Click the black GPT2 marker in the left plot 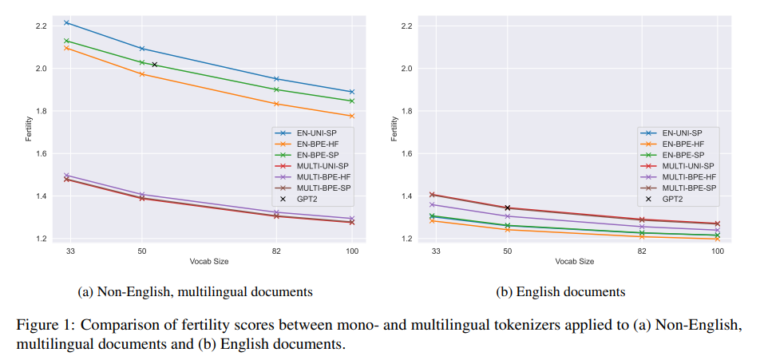(155, 65)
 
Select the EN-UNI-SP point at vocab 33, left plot (67, 22)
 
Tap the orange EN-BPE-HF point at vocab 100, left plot (351, 116)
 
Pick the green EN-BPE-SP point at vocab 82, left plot (276, 89)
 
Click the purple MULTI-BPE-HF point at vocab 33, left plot (67, 175)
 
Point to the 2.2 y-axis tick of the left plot (41, 26)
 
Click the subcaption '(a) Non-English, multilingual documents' (195, 292)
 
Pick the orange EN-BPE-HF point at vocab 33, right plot (433, 220)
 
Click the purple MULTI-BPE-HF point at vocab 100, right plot (717, 231)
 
